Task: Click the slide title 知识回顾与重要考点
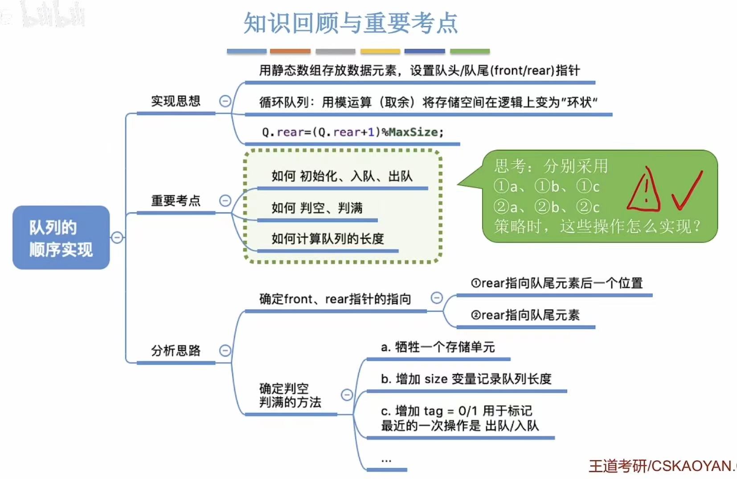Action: pyautogui.click(x=351, y=23)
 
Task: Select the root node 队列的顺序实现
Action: pyautogui.click(x=61, y=238)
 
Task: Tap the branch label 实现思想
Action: pyautogui.click(x=176, y=101)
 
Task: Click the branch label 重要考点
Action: pyautogui.click(x=176, y=201)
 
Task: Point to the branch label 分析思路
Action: pyautogui.click(x=176, y=351)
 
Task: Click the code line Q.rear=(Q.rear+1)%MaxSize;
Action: pyautogui.click(x=352, y=132)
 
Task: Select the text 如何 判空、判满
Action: pyautogui.click(x=317, y=208)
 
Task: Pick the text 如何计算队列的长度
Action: pyautogui.click(x=328, y=239)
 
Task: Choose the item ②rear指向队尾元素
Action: pyautogui.click(x=525, y=315)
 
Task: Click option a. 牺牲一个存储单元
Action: pyautogui.click(x=438, y=347)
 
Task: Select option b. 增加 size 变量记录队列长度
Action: pyautogui.click(x=466, y=379)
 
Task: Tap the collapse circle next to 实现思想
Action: pyautogui.click(x=225, y=101)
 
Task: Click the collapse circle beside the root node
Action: pyautogui.click(x=117, y=237)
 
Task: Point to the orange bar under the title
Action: pyautogui.click(x=290, y=52)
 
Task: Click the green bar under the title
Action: pyautogui.click(x=470, y=52)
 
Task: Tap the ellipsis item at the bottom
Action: pyautogui.click(x=386, y=460)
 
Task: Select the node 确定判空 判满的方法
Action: pyautogui.click(x=290, y=395)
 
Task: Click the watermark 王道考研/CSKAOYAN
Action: pyautogui.click(x=662, y=466)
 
